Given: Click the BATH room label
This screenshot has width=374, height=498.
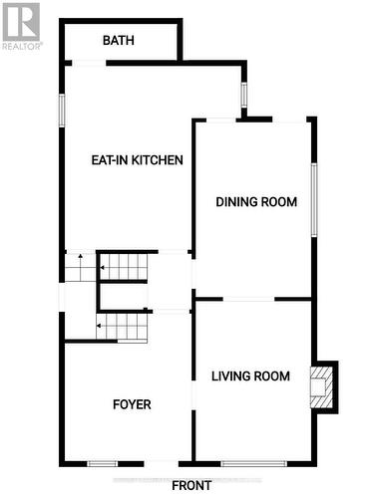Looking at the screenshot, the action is point(119,41).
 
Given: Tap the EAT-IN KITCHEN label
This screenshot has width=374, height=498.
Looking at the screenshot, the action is point(138,160).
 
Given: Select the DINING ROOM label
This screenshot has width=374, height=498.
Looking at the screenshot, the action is point(256,202).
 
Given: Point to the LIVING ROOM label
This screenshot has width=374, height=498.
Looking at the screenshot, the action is point(250,376).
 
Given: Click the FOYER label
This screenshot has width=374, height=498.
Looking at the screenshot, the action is point(132,404).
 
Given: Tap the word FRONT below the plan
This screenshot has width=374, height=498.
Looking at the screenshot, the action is point(191,486).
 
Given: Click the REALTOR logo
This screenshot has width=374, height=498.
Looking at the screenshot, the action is point(21,27).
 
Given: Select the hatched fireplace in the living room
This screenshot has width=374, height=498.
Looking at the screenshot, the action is point(321,387).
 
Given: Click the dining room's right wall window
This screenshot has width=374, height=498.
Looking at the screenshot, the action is point(314,200).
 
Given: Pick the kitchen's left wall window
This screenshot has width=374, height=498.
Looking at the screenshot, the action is point(62,111).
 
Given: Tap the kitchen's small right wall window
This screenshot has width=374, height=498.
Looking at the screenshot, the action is point(244,95).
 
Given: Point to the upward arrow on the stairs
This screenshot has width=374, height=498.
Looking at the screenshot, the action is point(80,262).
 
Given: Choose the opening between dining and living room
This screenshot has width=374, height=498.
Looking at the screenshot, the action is point(249,299).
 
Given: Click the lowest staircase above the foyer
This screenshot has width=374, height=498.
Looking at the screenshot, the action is point(122,327).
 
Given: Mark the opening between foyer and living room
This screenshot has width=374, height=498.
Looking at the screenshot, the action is point(193,395).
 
